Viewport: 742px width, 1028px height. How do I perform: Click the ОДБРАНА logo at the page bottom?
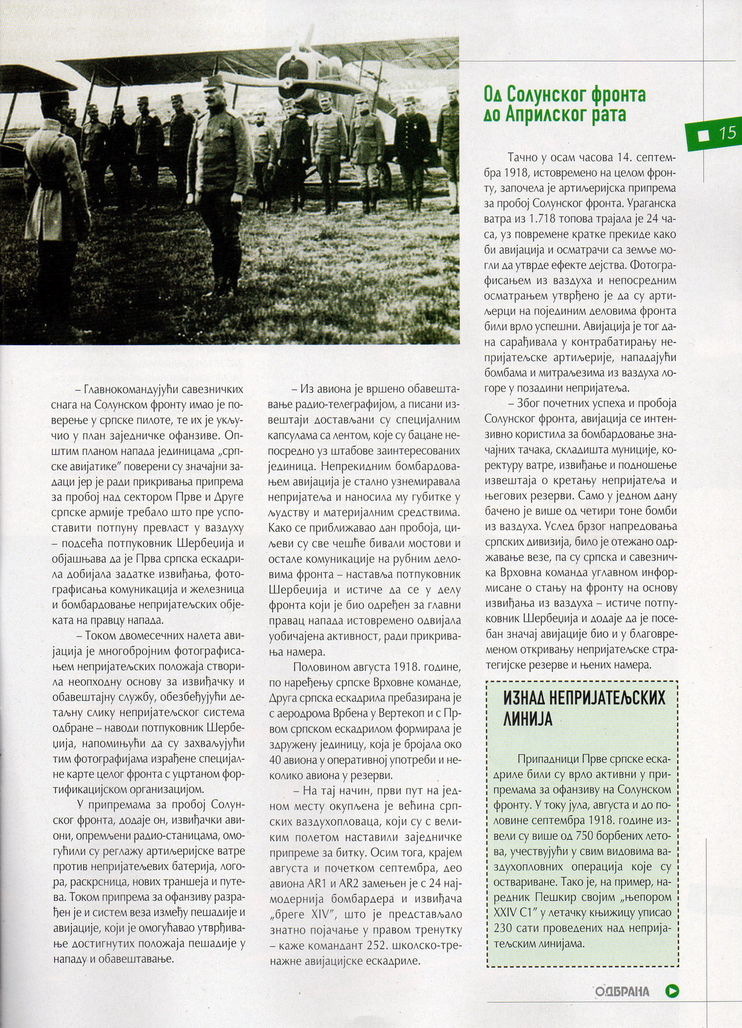[x=622, y=991]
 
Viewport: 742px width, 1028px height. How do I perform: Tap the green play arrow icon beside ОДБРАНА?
[x=673, y=991]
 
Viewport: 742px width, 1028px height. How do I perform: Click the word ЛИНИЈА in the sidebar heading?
[x=528, y=718]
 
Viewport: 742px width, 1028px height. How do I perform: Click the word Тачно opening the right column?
[x=522, y=157]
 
